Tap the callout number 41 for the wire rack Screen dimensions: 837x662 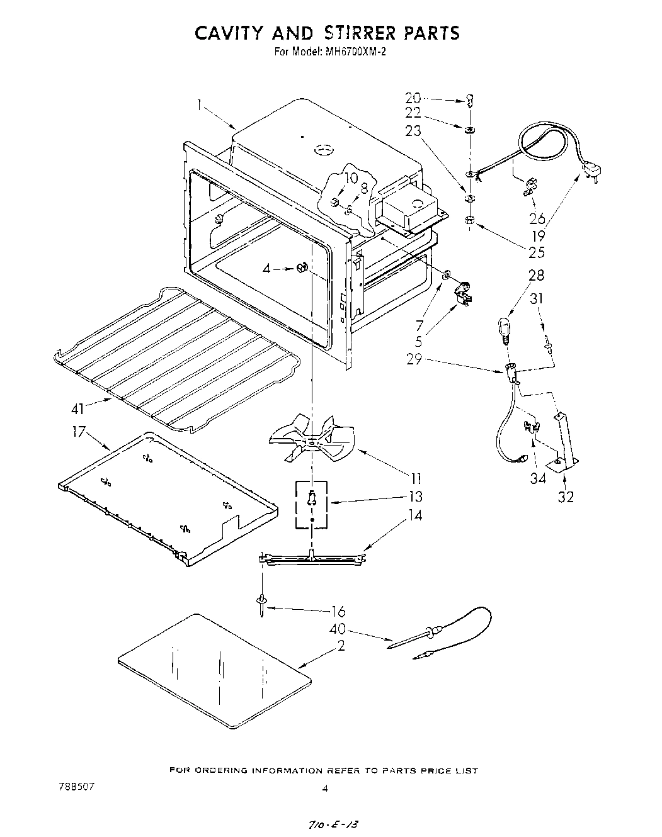pos(77,409)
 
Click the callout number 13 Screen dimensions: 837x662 pos(415,497)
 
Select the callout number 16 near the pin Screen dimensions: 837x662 pos(338,611)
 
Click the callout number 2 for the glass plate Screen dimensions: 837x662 pos(341,646)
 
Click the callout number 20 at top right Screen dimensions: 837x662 pos(413,98)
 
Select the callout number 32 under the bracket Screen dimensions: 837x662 pos(566,497)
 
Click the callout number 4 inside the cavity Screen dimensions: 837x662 pos(266,269)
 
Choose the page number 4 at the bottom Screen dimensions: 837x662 pos(324,787)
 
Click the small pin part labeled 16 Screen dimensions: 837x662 pos(260,605)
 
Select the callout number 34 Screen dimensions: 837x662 pos(537,479)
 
